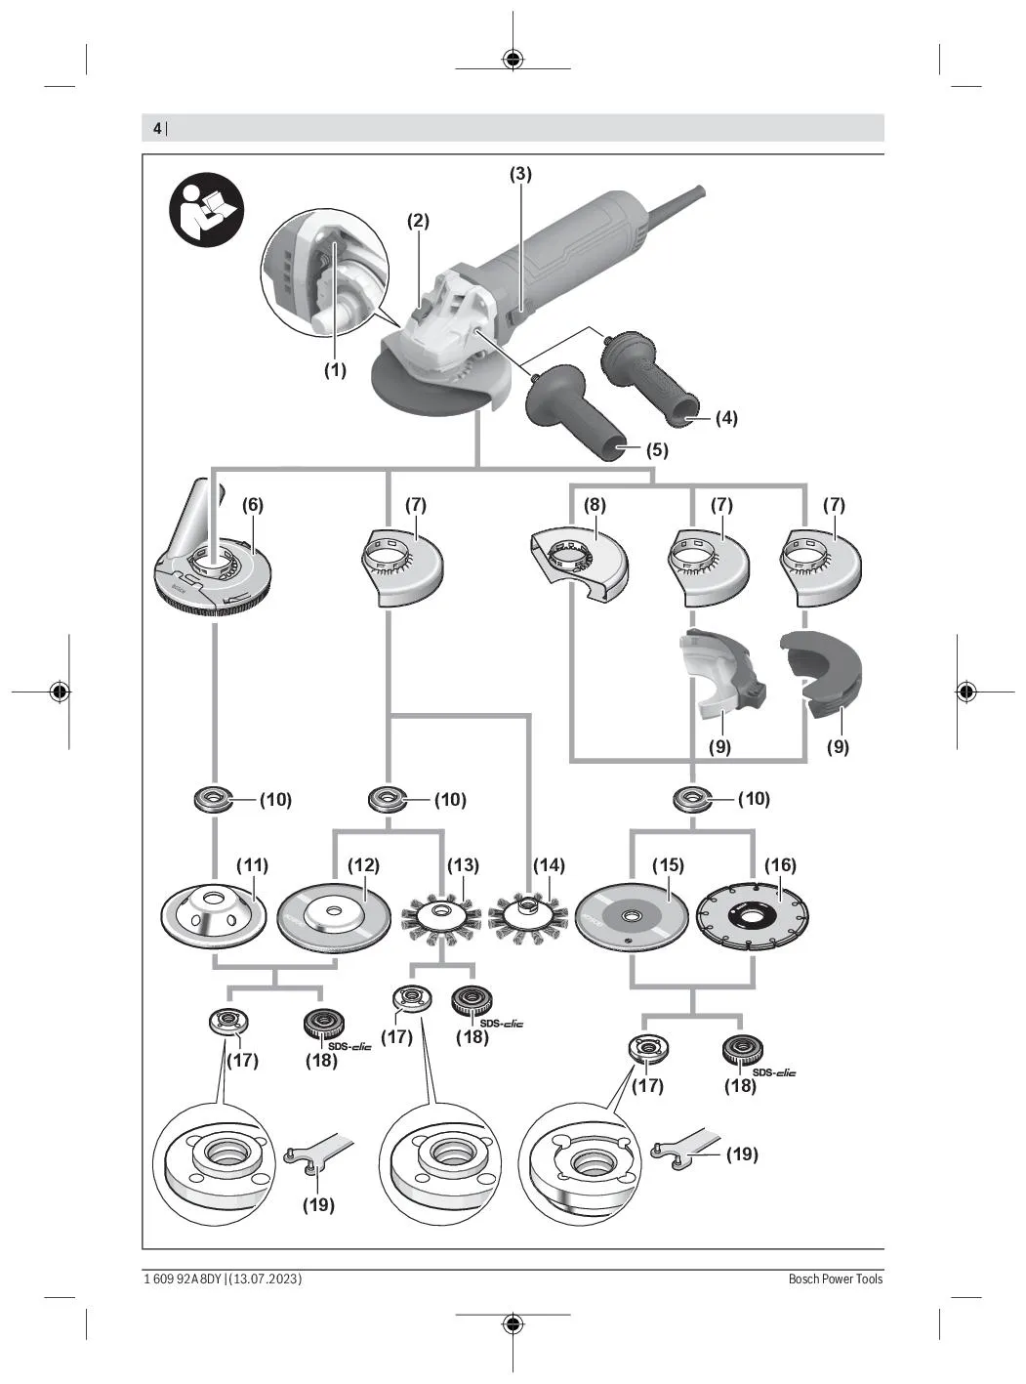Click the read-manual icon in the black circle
click(206, 210)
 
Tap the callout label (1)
click(335, 370)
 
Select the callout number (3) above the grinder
click(520, 174)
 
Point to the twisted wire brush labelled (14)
click(528, 917)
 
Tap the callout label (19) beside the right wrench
click(741, 1153)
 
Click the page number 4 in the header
click(156, 128)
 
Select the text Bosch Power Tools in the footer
click(835, 1279)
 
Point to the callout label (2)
click(418, 221)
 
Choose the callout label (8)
click(595, 505)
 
